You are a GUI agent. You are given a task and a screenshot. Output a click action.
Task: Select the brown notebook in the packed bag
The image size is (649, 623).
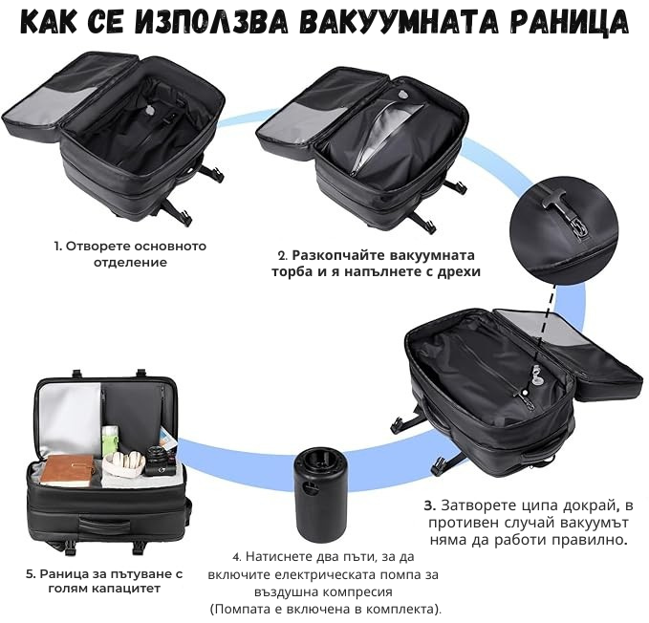pyautogui.click(x=67, y=471)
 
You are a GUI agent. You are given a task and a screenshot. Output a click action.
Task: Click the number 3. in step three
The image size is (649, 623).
pyautogui.click(x=430, y=505)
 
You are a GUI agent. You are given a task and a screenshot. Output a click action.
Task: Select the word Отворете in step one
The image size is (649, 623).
pyautogui.click(x=90, y=247)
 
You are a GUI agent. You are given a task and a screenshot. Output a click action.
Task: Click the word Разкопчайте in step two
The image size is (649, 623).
pyautogui.click(x=335, y=255)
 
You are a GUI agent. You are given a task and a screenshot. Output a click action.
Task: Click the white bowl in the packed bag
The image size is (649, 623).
pyautogui.click(x=124, y=464)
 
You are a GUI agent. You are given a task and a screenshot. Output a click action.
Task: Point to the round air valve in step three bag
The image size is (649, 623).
pyautogui.click(x=537, y=379)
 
